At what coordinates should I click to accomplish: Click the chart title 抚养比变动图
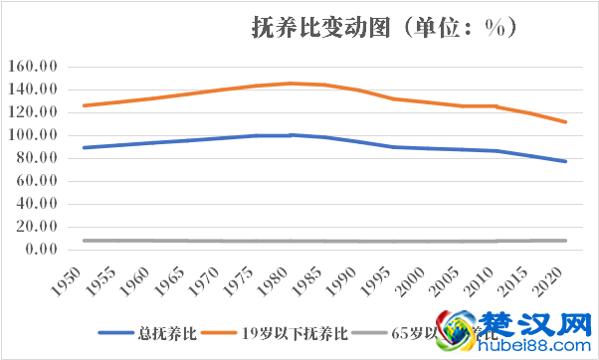tap(328, 29)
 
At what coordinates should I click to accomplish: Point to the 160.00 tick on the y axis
tap(39, 67)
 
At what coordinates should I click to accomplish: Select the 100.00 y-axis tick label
tap(39, 135)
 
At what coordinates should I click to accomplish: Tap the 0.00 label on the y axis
tap(46, 250)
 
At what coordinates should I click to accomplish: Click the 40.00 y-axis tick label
tap(42, 204)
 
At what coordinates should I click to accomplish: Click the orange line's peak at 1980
tap(291, 84)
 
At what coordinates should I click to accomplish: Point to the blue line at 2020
tap(564, 161)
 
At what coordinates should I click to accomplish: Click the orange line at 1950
tap(85, 105)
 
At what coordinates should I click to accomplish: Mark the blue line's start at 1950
tap(85, 147)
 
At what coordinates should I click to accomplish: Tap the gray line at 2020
tap(564, 241)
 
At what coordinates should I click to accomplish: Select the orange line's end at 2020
tap(564, 122)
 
